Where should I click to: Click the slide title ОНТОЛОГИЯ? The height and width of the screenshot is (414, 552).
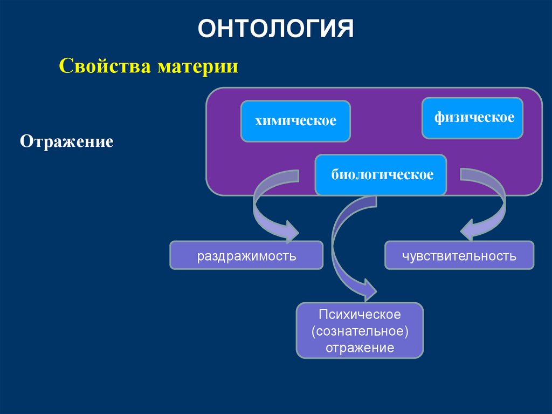coord(275,29)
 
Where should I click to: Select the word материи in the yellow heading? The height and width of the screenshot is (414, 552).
coord(198,67)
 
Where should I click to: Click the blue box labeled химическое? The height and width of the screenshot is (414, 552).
coord(295,121)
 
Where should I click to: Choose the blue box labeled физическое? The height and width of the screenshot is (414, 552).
coord(472,118)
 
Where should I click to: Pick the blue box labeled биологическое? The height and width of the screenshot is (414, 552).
coord(381,175)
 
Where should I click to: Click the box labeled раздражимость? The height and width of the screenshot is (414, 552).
coord(246,255)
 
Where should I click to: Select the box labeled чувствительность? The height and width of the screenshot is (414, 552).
coord(459,255)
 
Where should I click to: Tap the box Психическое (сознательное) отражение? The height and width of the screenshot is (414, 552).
coord(360,330)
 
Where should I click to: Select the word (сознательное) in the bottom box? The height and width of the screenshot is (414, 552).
coord(360,330)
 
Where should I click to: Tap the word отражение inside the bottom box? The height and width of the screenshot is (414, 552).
coord(360,347)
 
